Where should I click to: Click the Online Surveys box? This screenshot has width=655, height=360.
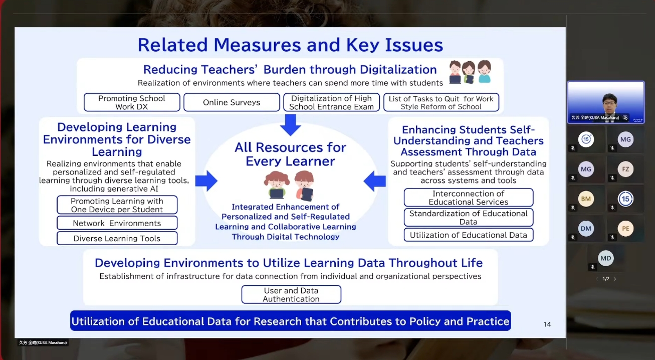[232, 102]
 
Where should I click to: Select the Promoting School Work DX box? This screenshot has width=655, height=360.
[132, 102]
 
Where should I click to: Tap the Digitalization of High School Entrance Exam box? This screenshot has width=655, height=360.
[331, 102]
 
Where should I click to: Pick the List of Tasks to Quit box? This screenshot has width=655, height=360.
[441, 102]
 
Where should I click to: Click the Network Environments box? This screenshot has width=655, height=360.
[117, 223]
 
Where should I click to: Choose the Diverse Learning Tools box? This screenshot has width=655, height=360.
[117, 238]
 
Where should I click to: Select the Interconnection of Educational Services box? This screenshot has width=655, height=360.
[469, 198]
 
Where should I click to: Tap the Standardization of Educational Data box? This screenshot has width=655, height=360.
[469, 217]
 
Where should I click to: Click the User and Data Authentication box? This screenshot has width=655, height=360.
[291, 294]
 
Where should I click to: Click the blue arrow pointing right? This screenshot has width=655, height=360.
[206, 181]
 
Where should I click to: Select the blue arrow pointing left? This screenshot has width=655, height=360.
[374, 181]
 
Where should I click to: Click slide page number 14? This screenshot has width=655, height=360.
[547, 324]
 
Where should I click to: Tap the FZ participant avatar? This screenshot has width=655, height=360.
[625, 169]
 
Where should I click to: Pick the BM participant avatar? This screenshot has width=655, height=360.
[586, 199]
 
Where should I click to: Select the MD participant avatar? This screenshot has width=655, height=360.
[606, 258]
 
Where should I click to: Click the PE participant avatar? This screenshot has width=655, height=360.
[625, 229]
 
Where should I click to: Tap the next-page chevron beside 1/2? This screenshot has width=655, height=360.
[614, 279]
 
